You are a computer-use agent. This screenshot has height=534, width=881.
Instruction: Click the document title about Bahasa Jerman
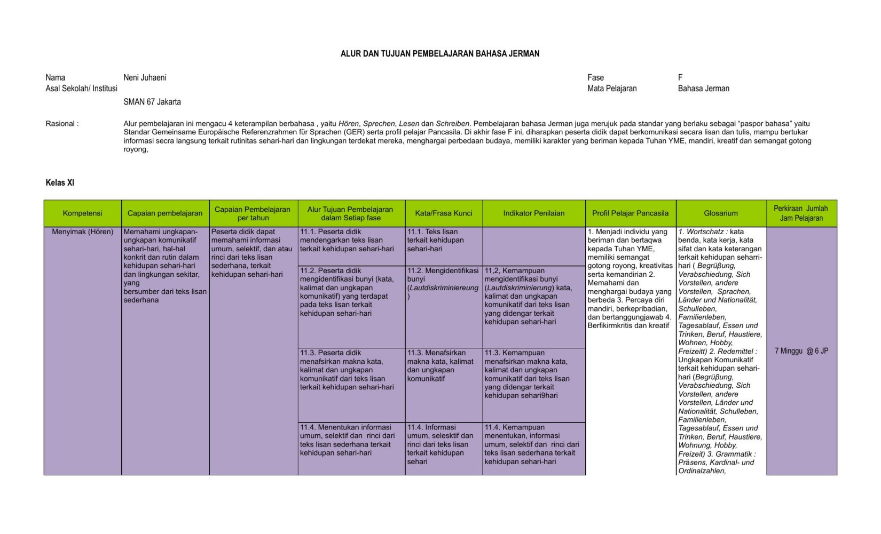click(440, 53)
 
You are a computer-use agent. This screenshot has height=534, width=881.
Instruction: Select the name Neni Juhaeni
click(145, 77)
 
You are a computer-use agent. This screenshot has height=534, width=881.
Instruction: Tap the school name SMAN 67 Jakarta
click(152, 101)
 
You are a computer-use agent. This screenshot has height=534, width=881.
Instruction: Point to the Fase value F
click(680, 77)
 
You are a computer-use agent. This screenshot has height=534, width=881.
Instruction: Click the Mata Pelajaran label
click(612, 89)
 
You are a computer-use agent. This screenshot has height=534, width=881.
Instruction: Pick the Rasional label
click(62, 124)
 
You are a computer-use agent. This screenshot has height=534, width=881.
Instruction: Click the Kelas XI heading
click(60, 182)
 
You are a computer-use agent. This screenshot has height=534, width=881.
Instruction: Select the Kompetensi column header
click(82, 213)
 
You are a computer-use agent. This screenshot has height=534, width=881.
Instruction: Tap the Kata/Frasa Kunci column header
click(444, 213)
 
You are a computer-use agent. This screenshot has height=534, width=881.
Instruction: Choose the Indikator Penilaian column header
click(533, 213)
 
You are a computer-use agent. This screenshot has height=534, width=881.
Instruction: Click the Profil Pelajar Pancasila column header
click(630, 213)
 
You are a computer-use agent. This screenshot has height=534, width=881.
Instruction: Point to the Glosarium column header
click(720, 213)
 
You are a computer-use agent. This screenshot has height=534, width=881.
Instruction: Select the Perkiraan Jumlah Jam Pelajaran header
click(801, 213)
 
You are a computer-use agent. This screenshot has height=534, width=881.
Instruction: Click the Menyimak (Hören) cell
click(83, 232)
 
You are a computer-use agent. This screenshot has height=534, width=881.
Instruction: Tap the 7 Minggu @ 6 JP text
click(801, 351)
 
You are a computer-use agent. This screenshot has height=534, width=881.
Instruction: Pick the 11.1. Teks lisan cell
click(436, 240)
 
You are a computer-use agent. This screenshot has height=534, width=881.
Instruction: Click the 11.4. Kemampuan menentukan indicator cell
click(532, 444)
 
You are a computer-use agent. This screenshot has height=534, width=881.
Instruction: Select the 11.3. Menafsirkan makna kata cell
click(440, 365)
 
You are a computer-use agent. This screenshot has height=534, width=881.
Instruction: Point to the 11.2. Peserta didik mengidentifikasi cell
click(347, 292)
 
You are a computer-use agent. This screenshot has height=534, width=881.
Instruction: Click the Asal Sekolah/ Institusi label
click(81, 89)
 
